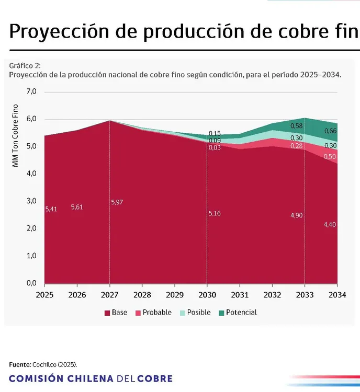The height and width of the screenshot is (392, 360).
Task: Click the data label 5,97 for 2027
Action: [118, 202]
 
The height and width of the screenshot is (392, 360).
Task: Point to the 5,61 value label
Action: [77, 207]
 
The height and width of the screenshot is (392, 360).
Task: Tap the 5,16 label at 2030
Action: [215, 213]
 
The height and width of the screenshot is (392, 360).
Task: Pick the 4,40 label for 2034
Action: [330, 224]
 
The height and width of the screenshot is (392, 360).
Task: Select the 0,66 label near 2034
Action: [330, 131]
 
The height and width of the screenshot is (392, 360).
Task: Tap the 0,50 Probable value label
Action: [330, 157]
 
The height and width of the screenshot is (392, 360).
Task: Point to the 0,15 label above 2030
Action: [215, 134]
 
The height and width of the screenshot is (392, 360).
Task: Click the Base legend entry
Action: [115, 313]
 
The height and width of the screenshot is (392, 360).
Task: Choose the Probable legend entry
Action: [153, 313]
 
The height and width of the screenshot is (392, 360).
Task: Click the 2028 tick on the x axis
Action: [142, 295]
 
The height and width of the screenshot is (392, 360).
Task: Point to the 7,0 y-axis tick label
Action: [31, 91]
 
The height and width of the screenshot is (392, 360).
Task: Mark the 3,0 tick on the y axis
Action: [31, 201]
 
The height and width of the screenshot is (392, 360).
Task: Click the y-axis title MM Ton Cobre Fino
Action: [15, 136]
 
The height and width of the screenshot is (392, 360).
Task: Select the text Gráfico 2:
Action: [25, 66]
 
